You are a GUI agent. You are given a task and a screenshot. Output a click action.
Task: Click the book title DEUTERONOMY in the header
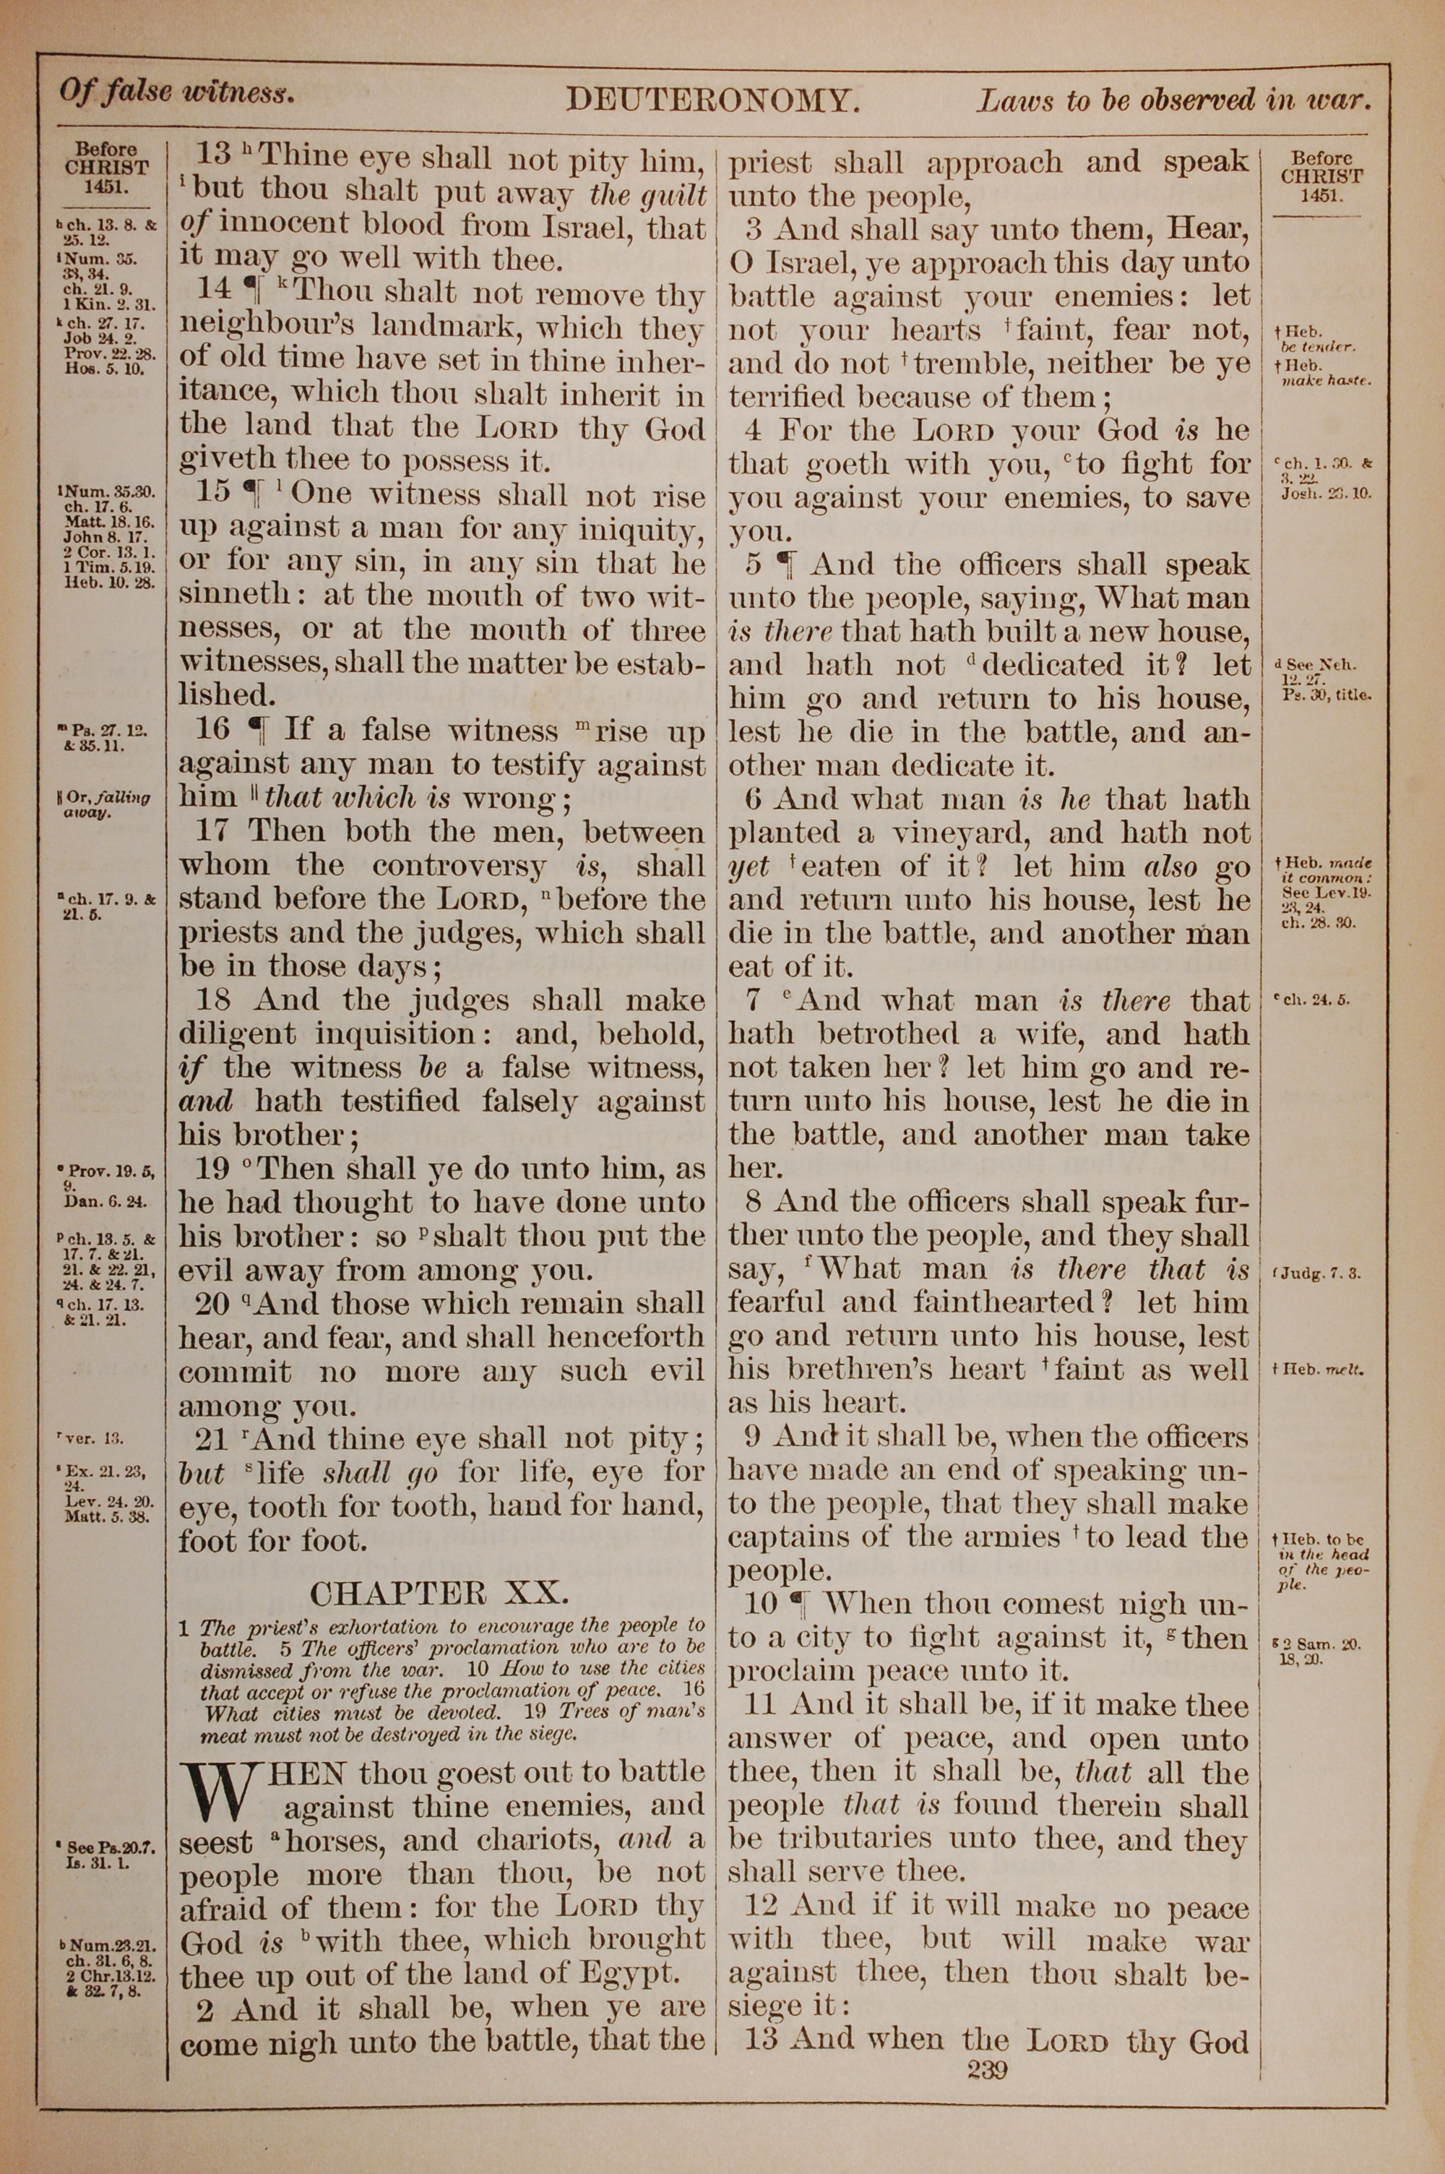click(712, 100)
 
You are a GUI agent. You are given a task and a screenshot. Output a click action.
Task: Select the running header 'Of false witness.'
click(177, 93)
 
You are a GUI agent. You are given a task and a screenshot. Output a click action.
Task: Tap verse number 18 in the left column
click(214, 1000)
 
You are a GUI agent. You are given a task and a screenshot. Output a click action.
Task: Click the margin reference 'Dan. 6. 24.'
click(107, 1203)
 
